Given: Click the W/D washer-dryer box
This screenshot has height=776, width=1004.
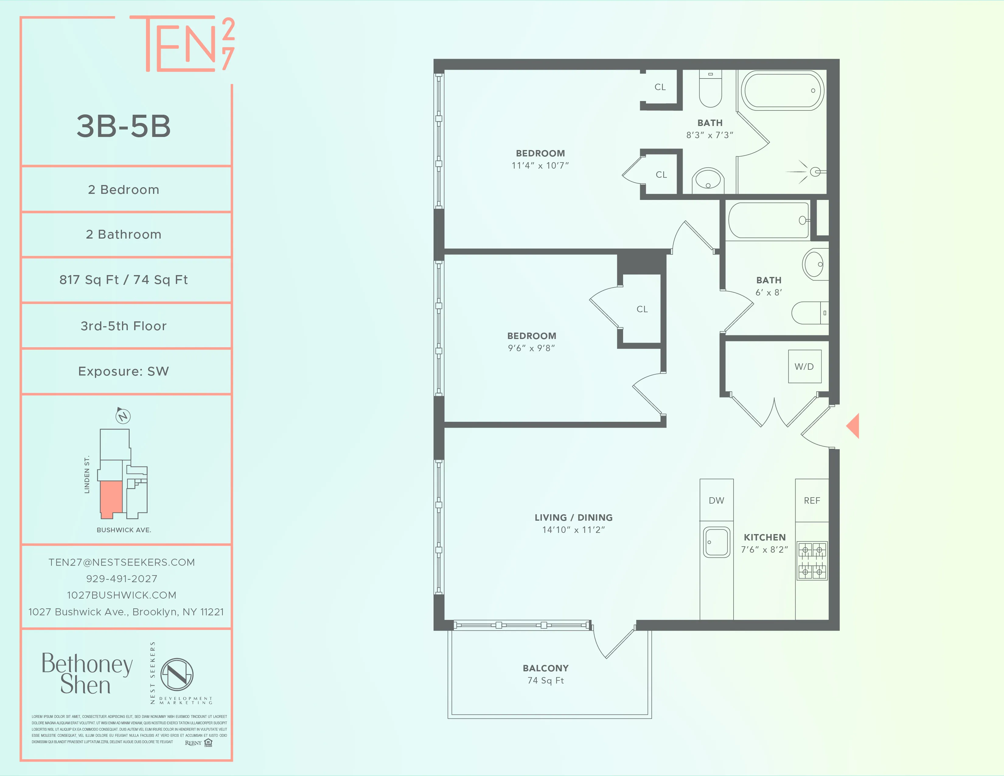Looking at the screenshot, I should [x=804, y=366].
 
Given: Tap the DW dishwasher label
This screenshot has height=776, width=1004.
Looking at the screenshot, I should [x=716, y=501].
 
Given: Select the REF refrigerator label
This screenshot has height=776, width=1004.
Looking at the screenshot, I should [x=812, y=501].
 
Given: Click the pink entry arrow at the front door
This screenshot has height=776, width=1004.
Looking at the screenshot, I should [x=853, y=426].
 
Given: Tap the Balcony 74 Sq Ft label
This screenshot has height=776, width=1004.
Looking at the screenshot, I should [x=546, y=674].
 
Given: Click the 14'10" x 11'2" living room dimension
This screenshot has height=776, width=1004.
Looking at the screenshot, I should [x=573, y=530].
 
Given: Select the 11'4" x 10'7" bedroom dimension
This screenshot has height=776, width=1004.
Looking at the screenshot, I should [x=540, y=166].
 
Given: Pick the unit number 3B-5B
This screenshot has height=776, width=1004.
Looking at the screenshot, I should [x=124, y=126].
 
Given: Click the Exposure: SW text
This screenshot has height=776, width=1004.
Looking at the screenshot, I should [x=124, y=372].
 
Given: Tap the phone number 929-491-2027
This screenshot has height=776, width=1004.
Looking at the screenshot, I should [x=122, y=579].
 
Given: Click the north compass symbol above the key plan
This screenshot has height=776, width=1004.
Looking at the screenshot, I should [x=123, y=416].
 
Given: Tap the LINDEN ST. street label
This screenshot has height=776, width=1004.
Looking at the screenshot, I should [x=87, y=474].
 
